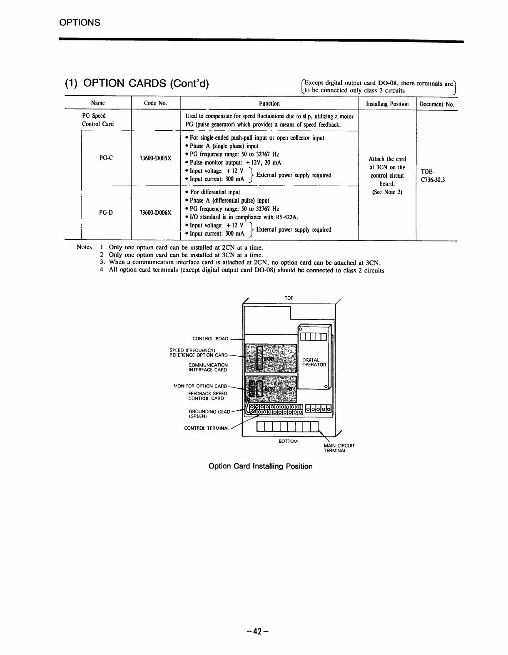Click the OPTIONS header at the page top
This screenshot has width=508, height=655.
pyautogui.click(x=79, y=22)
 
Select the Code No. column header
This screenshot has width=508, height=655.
pyautogui.click(x=155, y=104)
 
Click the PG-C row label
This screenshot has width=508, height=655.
pyautogui.click(x=106, y=158)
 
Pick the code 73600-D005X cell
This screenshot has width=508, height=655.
pyautogui.click(x=155, y=159)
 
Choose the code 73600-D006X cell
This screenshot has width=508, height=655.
pyautogui.click(x=155, y=213)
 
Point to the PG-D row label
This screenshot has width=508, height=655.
pyautogui.click(x=106, y=213)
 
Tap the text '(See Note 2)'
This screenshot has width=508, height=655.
pyautogui.click(x=387, y=192)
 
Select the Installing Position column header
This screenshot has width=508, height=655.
pyautogui.click(x=387, y=104)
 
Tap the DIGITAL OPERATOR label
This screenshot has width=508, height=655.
pyautogui.click(x=314, y=362)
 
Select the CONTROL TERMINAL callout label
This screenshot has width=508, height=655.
pyautogui.click(x=207, y=428)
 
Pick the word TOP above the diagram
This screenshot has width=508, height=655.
pyautogui.click(x=289, y=298)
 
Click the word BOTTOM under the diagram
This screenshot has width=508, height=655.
pyautogui.click(x=288, y=442)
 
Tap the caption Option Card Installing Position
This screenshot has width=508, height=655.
pyautogui.click(x=260, y=466)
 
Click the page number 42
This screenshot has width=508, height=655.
pyautogui.click(x=256, y=632)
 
